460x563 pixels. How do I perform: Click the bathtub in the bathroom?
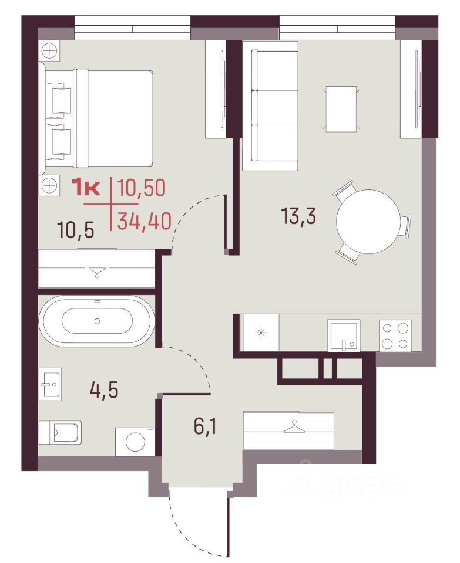97,321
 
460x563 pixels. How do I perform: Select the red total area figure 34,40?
144,221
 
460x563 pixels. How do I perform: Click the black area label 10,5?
76,230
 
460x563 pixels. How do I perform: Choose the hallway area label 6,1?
206,426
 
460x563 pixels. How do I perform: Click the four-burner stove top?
395,335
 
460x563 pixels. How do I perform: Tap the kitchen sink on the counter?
344,335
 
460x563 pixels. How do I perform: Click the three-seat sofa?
270,106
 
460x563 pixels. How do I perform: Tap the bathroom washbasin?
50,384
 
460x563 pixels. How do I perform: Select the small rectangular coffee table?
341,109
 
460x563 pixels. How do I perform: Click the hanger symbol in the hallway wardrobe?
294,428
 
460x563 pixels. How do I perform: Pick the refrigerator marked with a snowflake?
261,333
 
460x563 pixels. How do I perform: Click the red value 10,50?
142,188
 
